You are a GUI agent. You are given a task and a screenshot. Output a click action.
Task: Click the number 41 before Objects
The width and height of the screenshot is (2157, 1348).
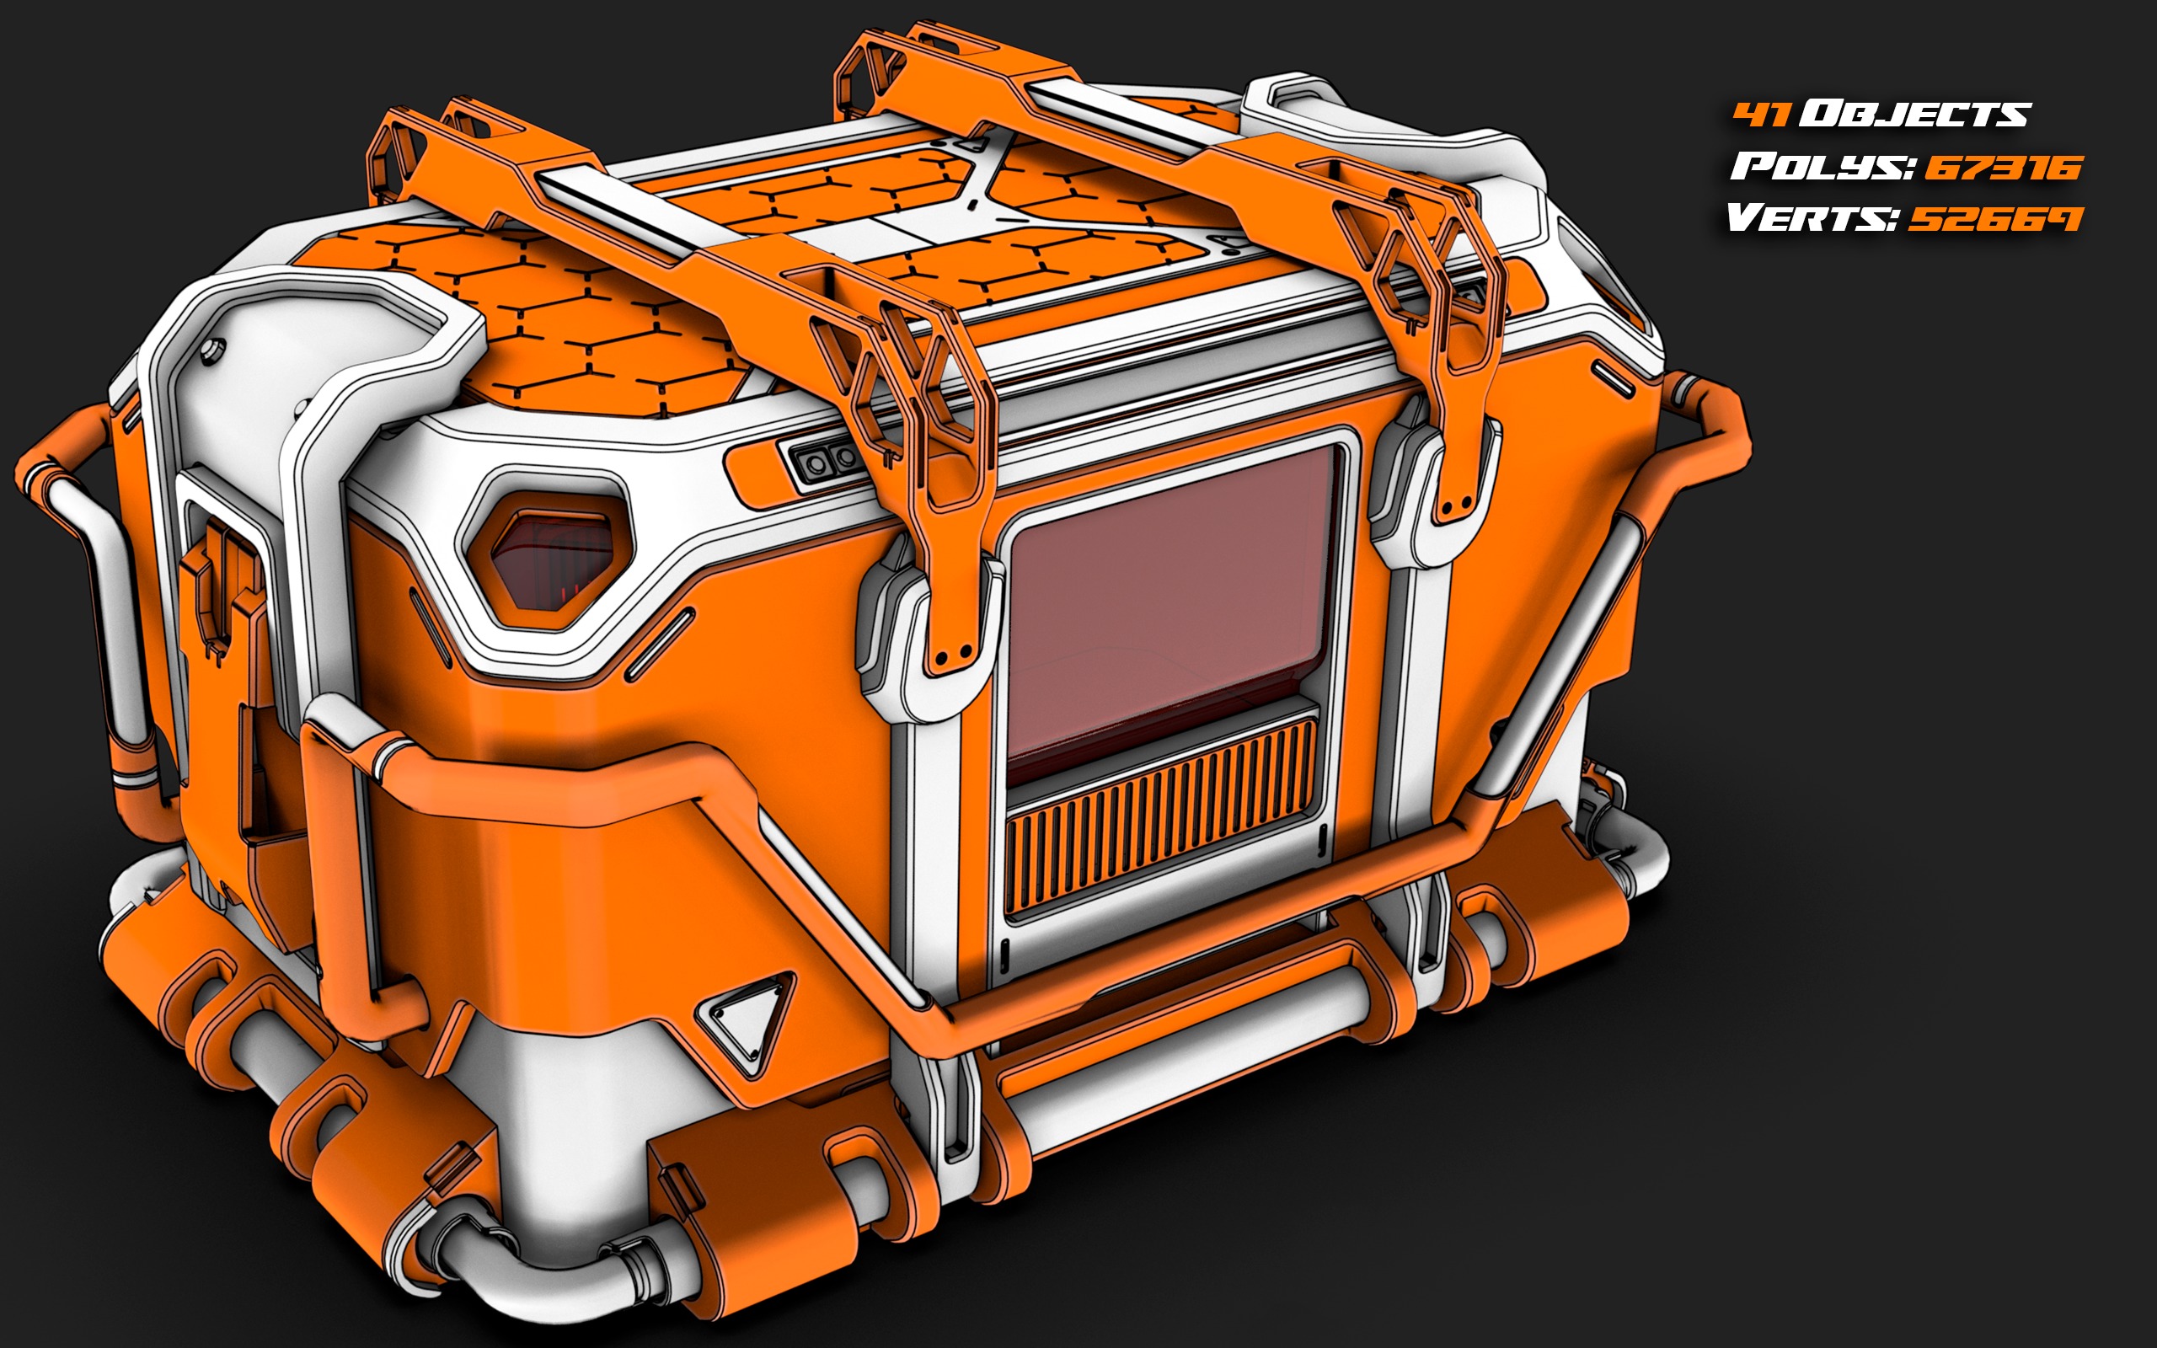point(1761,114)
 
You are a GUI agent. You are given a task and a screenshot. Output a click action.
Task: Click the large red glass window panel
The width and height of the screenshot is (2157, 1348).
point(1168,607)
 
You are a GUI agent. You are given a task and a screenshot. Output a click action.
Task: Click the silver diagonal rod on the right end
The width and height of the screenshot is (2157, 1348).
point(1569,650)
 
